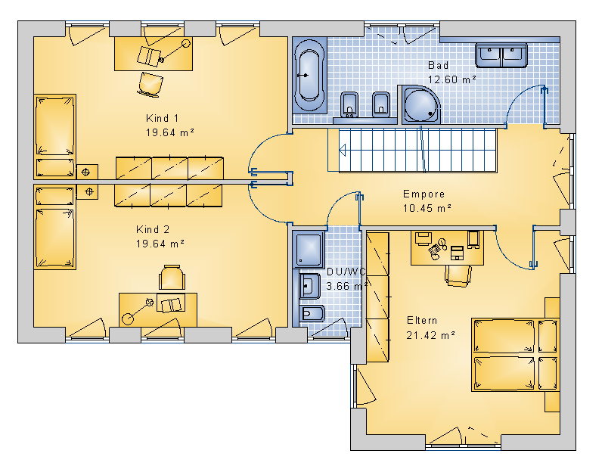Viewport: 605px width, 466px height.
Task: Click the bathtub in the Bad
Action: click(309, 76)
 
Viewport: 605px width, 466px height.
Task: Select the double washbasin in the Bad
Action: click(501, 55)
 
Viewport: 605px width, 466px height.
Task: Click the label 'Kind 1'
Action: click(162, 118)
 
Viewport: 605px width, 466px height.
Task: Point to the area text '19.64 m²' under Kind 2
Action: click(160, 244)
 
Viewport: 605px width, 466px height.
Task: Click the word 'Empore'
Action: click(423, 194)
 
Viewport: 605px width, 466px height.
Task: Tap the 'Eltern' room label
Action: click(422, 321)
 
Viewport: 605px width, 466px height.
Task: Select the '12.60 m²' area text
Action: click(451, 79)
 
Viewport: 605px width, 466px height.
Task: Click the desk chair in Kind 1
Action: click(150, 84)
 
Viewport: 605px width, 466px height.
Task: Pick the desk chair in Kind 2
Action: click(172, 277)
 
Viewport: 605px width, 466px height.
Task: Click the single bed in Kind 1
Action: click(54, 136)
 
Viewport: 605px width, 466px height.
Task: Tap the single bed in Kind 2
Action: click(54, 227)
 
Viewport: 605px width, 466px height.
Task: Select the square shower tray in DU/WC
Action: click(309, 250)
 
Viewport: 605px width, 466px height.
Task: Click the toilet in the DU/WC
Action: click(312, 313)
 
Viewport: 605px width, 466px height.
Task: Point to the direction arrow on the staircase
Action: click(343, 150)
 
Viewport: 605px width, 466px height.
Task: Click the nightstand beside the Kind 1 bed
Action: click(87, 172)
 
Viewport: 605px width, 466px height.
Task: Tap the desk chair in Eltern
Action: click(458, 275)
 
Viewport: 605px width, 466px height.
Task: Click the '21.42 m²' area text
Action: click(430, 335)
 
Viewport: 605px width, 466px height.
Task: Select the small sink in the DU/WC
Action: click(309, 287)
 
